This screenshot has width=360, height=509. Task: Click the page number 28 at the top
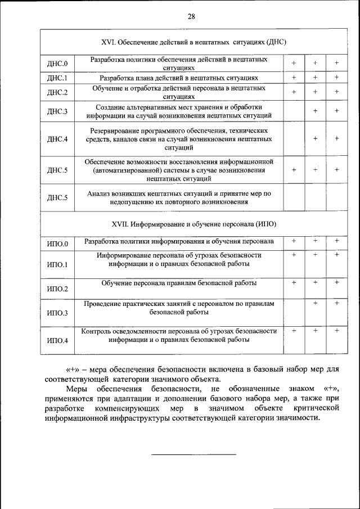point(191,17)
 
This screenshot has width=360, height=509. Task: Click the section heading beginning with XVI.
point(191,42)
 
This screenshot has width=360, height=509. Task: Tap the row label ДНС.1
point(57,78)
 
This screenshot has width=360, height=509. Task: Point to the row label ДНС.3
point(57,111)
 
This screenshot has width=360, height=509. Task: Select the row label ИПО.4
point(57,341)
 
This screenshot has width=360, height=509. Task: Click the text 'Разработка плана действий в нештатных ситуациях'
point(179,78)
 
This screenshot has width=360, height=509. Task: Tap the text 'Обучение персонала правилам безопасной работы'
point(179,282)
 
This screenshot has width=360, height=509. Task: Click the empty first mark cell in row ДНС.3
point(294,111)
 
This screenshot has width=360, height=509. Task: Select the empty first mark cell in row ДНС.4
point(294,138)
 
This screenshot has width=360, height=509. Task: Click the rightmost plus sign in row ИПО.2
point(336,282)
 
